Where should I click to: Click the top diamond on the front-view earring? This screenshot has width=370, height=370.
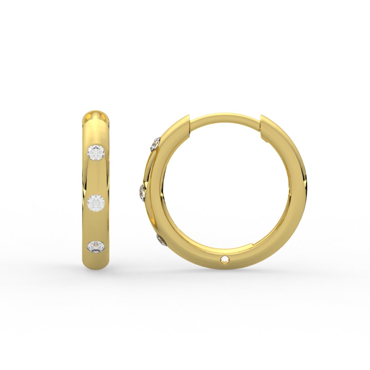[96, 152]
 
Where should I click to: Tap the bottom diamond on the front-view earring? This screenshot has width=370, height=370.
[96, 247]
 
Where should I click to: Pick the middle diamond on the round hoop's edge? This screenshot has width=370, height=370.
[142, 192]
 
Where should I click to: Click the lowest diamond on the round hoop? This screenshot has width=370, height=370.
[162, 240]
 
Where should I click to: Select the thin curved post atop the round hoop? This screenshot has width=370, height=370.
[225, 118]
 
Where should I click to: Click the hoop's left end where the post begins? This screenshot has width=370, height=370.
[185, 123]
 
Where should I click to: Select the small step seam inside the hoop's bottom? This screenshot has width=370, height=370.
[249, 245]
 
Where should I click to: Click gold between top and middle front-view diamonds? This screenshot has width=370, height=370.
[96, 177]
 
